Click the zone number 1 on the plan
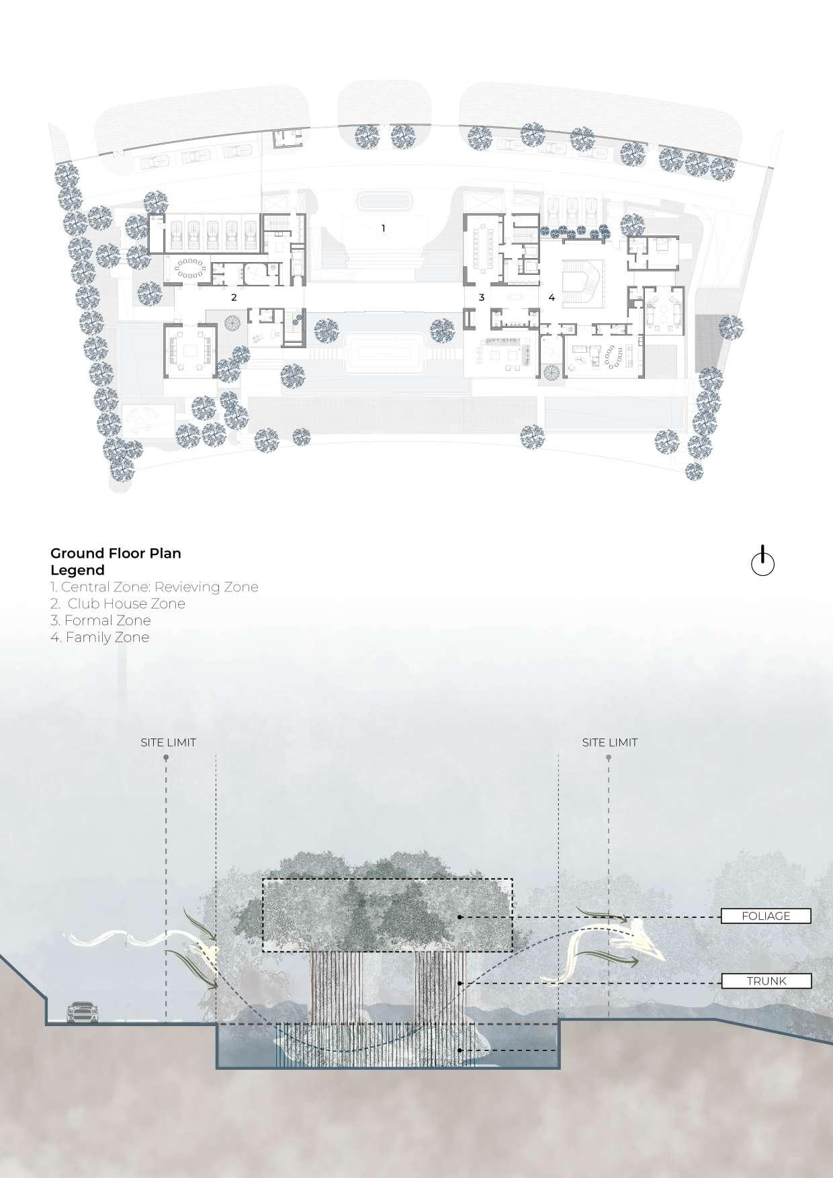click(384, 228)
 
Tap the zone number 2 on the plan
click(234, 296)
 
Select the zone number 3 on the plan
click(481, 296)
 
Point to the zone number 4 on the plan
click(552, 296)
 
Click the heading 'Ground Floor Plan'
click(116, 553)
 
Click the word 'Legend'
click(77, 570)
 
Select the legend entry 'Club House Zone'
click(118, 603)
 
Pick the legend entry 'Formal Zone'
click(101, 620)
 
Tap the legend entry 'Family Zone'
click(100, 637)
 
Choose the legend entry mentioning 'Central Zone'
click(155, 587)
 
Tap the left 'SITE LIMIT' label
click(168, 743)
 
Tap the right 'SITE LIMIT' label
click(610, 743)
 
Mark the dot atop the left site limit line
click(166, 758)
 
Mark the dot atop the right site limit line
click(609, 758)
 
